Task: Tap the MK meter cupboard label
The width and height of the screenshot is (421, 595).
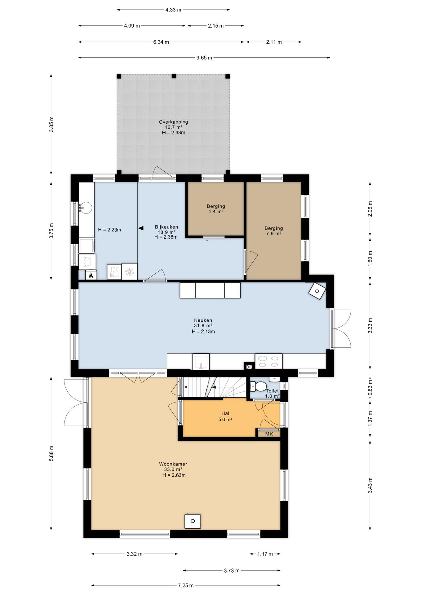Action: point(269,434)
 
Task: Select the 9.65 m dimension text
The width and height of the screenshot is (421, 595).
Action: point(204,58)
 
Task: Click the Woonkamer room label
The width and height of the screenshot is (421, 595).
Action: point(173,464)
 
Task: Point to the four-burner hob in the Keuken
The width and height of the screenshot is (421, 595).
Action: point(268,361)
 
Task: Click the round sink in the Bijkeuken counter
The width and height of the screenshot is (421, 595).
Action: point(86,207)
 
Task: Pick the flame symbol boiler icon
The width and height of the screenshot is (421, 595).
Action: point(91,275)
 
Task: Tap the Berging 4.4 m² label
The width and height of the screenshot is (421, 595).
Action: point(216,209)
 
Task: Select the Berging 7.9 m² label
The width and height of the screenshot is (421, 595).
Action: point(273,231)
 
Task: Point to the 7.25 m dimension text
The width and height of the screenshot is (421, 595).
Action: point(186,585)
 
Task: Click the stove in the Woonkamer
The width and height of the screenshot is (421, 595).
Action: point(193,521)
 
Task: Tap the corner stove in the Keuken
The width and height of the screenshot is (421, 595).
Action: point(317,291)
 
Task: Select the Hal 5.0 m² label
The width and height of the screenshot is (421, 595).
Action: point(225,416)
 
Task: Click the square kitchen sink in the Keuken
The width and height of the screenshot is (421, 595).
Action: point(201,361)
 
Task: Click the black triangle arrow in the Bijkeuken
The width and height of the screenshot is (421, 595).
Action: point(141,228)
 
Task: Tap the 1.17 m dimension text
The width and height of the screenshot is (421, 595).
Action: point(265,554)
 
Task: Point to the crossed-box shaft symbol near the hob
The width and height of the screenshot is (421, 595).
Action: point(249,366)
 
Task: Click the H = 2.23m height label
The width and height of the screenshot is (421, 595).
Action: point(109,230)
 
